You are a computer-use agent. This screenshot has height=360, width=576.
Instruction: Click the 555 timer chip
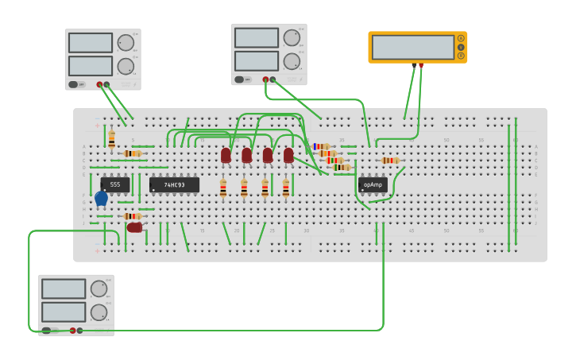115,184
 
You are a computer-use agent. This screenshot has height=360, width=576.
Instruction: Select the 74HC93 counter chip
174,185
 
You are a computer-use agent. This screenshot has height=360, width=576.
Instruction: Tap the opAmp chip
373,185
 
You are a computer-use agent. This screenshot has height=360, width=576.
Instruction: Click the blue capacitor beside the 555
101,198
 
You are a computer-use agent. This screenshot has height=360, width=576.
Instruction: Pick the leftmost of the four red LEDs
226,155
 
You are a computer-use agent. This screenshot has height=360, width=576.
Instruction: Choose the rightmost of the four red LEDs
288,155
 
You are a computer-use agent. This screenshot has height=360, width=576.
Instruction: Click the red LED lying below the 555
134,227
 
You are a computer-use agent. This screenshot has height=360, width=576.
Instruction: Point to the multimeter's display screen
412,47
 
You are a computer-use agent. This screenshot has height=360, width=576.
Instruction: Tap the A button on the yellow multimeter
460,38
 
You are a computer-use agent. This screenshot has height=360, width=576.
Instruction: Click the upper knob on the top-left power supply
126,43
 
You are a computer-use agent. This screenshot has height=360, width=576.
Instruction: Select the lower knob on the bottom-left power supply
99,312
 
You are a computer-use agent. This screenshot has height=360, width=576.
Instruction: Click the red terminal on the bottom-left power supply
72,331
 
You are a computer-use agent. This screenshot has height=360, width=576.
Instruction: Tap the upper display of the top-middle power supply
256,37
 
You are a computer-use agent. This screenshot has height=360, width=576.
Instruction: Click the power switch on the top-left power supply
73,84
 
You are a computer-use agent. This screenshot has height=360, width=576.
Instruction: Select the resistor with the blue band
321,146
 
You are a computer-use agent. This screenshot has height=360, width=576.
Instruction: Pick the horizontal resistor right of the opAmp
389,161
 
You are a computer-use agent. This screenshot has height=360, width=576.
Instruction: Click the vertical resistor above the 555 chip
111,140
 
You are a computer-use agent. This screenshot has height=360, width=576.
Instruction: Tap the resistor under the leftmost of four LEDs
223,188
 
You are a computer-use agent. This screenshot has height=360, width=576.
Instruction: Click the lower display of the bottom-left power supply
63,312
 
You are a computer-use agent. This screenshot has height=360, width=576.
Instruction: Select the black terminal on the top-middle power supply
273,79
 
